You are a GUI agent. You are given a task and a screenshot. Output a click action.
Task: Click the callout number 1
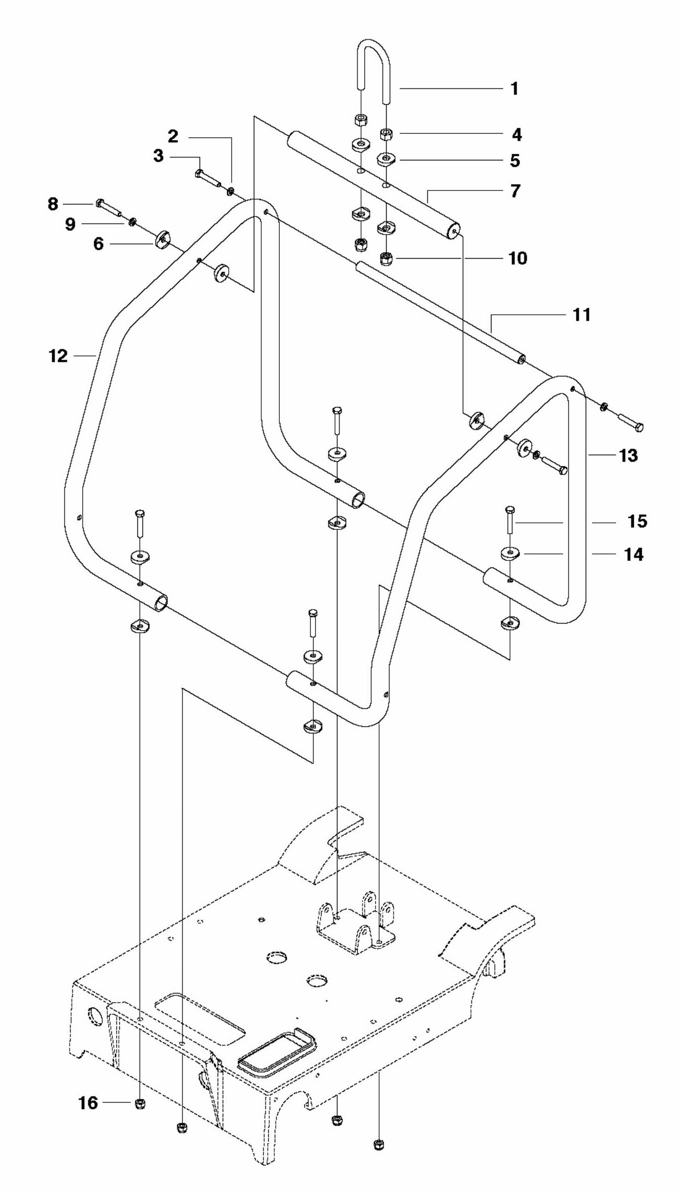click(x=514, y=89)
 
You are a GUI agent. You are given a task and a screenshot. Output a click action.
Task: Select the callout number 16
click(x=88, y=1103)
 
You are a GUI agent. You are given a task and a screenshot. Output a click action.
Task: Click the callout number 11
click(x=581, y=315)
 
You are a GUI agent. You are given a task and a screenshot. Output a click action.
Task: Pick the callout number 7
click(x=516, y=191)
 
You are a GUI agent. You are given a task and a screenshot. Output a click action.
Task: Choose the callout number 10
click(x=518, y=258)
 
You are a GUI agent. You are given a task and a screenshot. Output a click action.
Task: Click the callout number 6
click(x=98, y=244)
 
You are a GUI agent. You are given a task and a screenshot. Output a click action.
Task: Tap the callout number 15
click(x=637, y=521)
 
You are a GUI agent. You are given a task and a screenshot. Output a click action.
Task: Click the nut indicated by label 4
click(x=386, y=134)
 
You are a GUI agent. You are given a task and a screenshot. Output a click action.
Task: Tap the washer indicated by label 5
click(x=386, y=160)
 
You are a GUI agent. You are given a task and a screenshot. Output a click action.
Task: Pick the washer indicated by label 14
click(x=511, y=554)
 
